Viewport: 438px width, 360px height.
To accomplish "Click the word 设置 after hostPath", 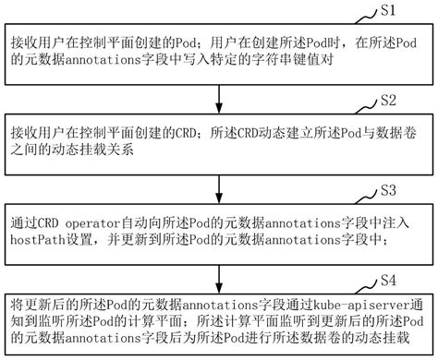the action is [84, 243].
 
